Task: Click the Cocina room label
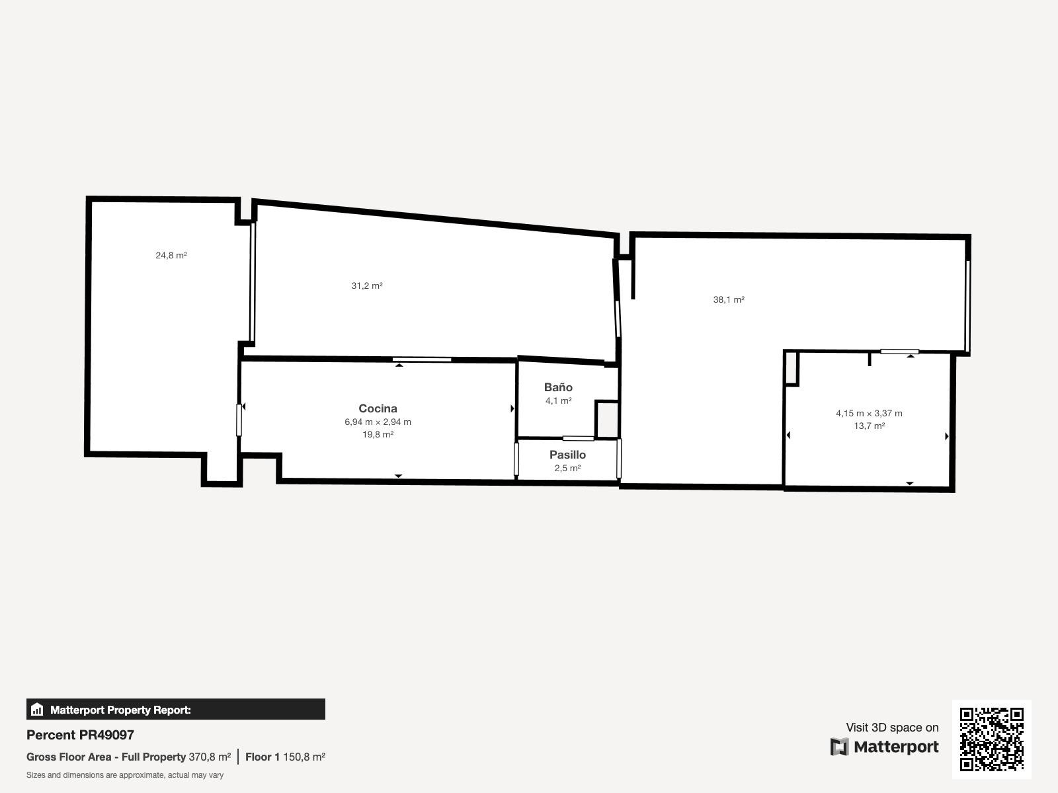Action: pyautogui.click(x=378, y=408)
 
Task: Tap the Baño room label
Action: pyautogui.click(x=558, y=387)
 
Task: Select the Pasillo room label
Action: pyautogui.click(x=567, y=455)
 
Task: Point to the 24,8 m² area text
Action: pyautogui.click(x=171, y=255)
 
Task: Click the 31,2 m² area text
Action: pyautogui.click(x=367, y=285)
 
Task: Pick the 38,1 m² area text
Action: pyautogui.click(x=729, y=299)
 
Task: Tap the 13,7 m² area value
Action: pyautogui.click(x=869, y=426)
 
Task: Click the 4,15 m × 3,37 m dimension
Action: pyautogui.click(x=869, y=413)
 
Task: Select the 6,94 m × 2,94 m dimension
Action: pyautogui.click(x=378, y=422)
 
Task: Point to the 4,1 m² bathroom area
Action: pyautogui.click(x=558, y=400)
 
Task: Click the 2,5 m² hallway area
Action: pyautogui.click(x=567, y=468)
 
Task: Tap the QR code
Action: pyautogui.click(x=991, y=739)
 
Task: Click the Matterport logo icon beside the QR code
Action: pyautogui.click(x=840, y=747)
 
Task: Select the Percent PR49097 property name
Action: pyautogui.click(x=80, y=735)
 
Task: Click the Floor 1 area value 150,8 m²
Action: pyautogui.click(x=304, y=757)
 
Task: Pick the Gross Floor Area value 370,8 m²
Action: pyautogui.click(x=210, y=757)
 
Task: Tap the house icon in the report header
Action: pyautogui.click(x=37, y=710)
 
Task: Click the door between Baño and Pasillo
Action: pyautogui.click(x=578, y=438)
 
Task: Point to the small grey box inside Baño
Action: pyautogui.click(x=607, y=420)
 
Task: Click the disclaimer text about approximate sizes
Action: pyautogui.click(x=125, y=775)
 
